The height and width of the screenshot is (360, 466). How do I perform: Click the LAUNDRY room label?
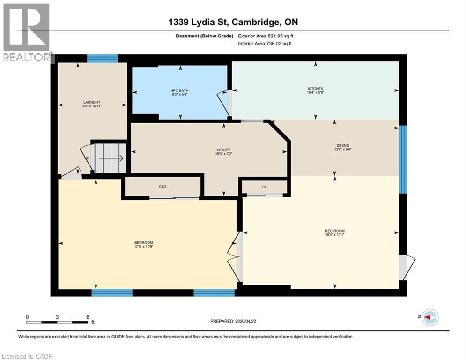point(92,102)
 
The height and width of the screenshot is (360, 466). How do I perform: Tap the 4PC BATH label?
point(180,90)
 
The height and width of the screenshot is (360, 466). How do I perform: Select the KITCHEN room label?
point(315,89)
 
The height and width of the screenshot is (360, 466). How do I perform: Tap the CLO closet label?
point(163,187)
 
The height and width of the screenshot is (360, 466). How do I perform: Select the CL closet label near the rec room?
point(264,187)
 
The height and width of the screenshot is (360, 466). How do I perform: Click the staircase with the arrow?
point(109,158)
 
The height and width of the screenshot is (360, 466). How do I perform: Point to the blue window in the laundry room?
point(102,58)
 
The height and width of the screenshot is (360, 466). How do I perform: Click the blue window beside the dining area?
point(403,159)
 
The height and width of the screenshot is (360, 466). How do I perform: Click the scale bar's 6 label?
point(88,317)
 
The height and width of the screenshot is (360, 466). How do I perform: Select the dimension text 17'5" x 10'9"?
point(143,247)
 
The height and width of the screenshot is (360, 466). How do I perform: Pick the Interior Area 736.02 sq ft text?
point(265,44)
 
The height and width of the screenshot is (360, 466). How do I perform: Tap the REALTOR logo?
point(27,32)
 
